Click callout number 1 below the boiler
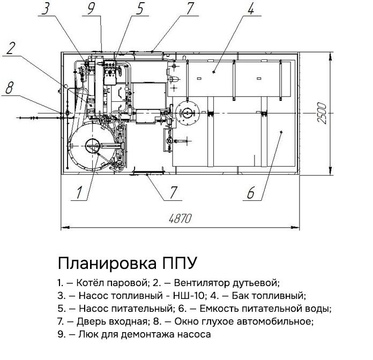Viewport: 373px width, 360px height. (x=80, y=192)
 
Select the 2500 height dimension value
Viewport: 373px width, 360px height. (x=321, y=113)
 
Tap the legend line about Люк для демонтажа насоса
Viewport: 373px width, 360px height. (x=134, y=335)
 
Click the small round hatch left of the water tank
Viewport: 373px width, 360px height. (x=187, y=113)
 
